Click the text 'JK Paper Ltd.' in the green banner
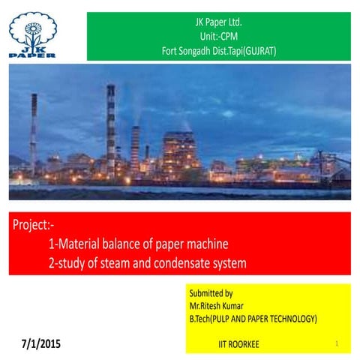(x=218, y=22)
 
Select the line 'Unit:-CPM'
(x=218, y=37)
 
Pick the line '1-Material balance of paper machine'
(x=138, y=244)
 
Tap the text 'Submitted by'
(x=211, y=293)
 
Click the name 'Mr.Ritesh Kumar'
(x=218, y=306)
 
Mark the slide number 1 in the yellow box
(x=337, y=343)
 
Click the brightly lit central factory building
(x=180, y=150)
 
